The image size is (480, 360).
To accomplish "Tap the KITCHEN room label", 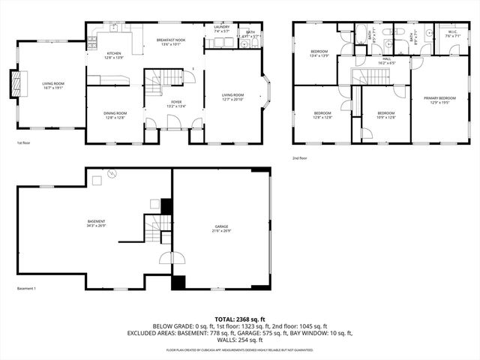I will (x=113, y=53).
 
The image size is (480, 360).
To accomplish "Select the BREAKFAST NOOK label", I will (x=170, y=39).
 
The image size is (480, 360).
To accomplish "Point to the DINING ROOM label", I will (x=115, y=112).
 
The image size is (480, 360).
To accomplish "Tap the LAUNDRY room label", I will (x=222, y=27).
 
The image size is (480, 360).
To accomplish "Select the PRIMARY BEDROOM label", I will (x=439, y=98).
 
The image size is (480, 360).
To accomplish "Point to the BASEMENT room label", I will (x=96, y=220).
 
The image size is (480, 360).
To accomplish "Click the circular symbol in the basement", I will (x=112, y=174).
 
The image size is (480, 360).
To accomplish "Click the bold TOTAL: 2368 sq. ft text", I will (x=239, y=319).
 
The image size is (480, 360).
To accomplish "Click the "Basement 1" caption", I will (x=26, y=289).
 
